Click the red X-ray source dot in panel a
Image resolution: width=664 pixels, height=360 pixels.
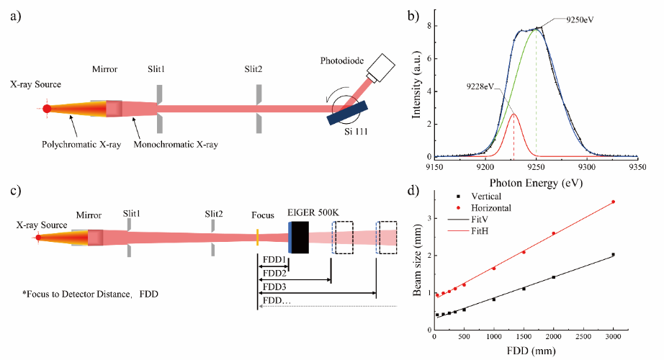tap(47, 109)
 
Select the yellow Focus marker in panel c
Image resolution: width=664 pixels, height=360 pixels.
tap(257, 237)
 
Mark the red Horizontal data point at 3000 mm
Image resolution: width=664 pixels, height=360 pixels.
tap(613, 202)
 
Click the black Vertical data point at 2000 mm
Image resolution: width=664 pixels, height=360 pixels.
tap(553, 277)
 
